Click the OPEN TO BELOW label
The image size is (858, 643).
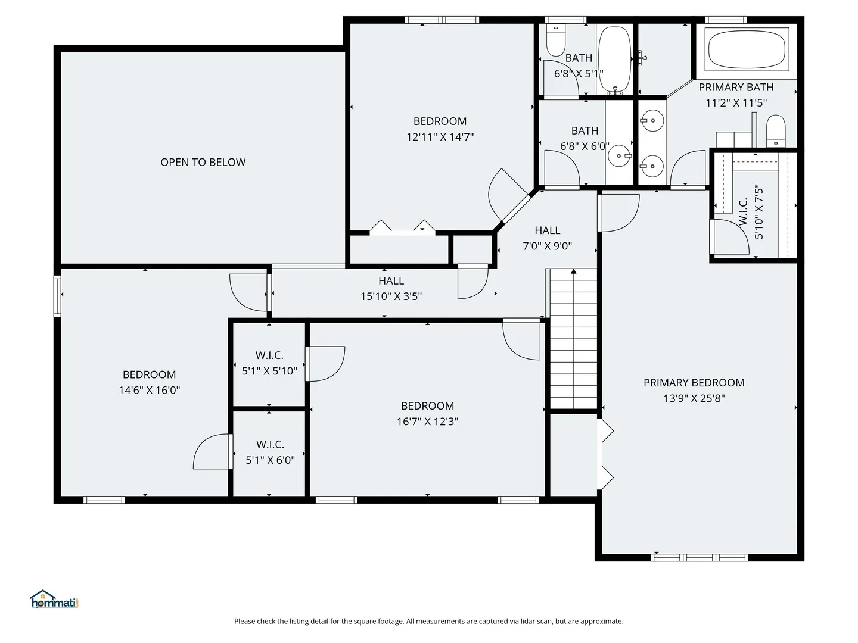203,162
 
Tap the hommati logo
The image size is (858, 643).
54,600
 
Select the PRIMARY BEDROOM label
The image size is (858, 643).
694,383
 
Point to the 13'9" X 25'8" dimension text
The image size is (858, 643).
694,398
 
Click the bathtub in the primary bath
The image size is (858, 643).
747,49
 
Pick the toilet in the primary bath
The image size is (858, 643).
776,131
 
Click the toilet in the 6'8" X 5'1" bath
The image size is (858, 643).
555,40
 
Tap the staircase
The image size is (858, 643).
573,339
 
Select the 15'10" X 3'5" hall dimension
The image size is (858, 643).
391,296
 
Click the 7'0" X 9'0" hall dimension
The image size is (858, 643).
547,246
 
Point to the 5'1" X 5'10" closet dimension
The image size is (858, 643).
269,371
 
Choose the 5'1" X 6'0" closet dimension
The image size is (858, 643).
270,460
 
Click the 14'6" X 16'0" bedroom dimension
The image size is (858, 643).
150,390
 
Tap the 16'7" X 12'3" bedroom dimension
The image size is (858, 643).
427,422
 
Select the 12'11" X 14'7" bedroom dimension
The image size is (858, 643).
440,137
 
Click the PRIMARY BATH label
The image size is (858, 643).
736,87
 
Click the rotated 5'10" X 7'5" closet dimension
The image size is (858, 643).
758,211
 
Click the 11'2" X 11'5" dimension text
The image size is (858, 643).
736,102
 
